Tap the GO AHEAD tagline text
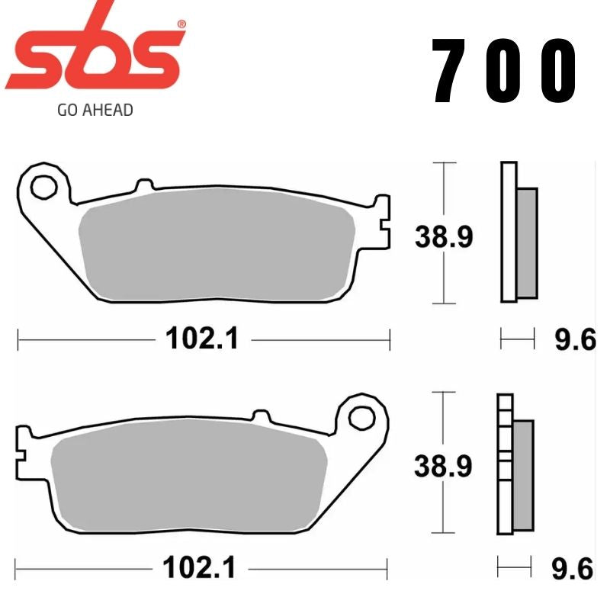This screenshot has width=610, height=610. tap(95, 110)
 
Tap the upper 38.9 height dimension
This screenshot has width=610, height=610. tap(444, 237)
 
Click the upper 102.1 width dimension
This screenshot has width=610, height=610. tap(204, 338)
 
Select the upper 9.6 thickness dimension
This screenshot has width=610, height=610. tap(574, 339)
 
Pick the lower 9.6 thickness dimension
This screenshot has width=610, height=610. tap(574, 568)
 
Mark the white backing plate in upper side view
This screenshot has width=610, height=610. tap(509, 232)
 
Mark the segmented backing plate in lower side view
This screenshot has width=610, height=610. tap(502, 464)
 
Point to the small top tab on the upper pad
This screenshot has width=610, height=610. tap(143, 185)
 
